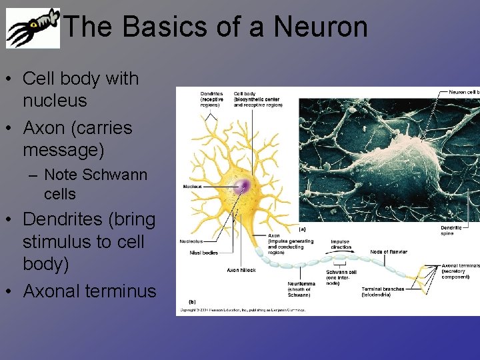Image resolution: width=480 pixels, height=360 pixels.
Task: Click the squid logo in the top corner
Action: [x=33, y=29]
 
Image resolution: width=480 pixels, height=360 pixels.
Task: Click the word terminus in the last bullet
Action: [x=118, y=291]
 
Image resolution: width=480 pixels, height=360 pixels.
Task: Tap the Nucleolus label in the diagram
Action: [x=191, y=241]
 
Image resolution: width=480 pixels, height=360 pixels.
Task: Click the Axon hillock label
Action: [x=241, y=270]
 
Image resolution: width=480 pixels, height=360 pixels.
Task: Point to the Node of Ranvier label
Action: [x=389, y=252]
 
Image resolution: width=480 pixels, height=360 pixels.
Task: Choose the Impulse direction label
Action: [x=340, y=244]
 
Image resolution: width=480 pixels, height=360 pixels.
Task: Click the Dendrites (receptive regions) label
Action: [x=212, y=99]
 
